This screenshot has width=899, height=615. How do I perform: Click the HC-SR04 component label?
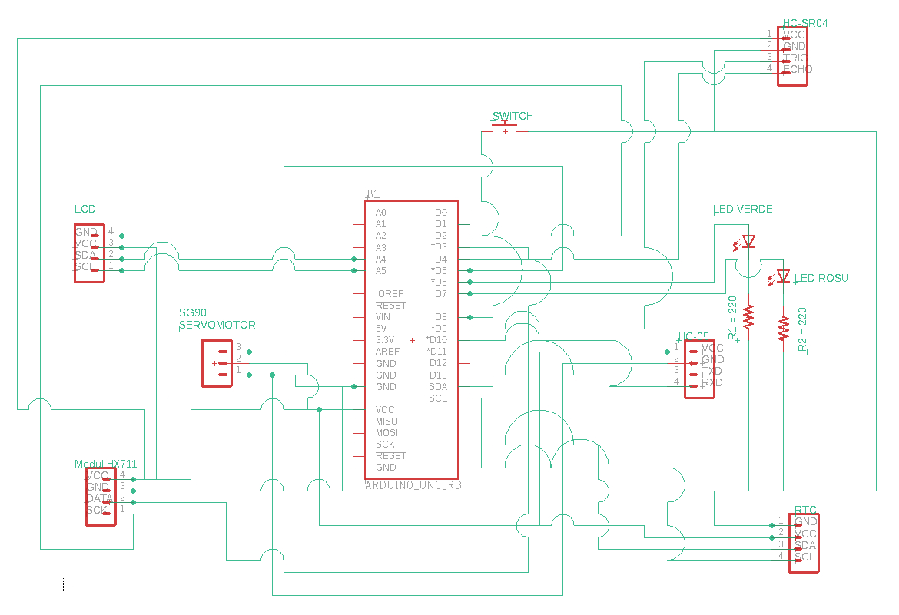pyautogui.click(x=804, y=23)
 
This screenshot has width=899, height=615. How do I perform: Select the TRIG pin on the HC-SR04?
pyautogui.click(x=795, y=58)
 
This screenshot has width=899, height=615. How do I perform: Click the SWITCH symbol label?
pyautogui.click(x=513, y=116)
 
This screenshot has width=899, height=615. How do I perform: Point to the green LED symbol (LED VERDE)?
pyautogui.click(x=748, y=242)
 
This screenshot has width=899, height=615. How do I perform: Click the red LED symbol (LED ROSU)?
pyautogui.click(x=783, y=276)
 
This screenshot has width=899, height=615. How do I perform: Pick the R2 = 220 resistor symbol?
pyautogui.click(x=783, y=328)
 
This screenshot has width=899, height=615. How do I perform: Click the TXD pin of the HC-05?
pyautogui.click(x=712, y=371)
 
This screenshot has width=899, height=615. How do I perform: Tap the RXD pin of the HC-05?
pyautogui.click(x=712, y=382)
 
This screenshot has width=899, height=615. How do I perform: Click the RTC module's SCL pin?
pyautogui.click(x=804, y=557)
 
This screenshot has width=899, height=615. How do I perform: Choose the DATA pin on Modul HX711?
pyautogui.click(x=99, y=498)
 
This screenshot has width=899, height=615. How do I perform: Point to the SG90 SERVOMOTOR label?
pyautogui.click(x=217, y=319)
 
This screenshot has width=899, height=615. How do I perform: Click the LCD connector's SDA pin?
pyautogui.click(x=85, y=255)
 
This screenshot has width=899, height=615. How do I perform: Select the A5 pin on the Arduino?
pyautogui.click(x=380, y=270)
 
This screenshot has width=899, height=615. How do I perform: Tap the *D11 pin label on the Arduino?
pyautogui.click(x=436, y=352)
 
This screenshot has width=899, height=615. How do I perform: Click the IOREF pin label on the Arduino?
pyautogui.click(x=390, y=294)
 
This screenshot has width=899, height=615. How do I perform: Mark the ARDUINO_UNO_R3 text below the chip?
pyautogui.click(x=413, y=485)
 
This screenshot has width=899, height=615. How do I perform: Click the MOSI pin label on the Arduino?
pyautogui.click(x=386, y=433)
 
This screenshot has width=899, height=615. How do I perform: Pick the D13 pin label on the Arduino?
pyautogui.click(x=438, y=375)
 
